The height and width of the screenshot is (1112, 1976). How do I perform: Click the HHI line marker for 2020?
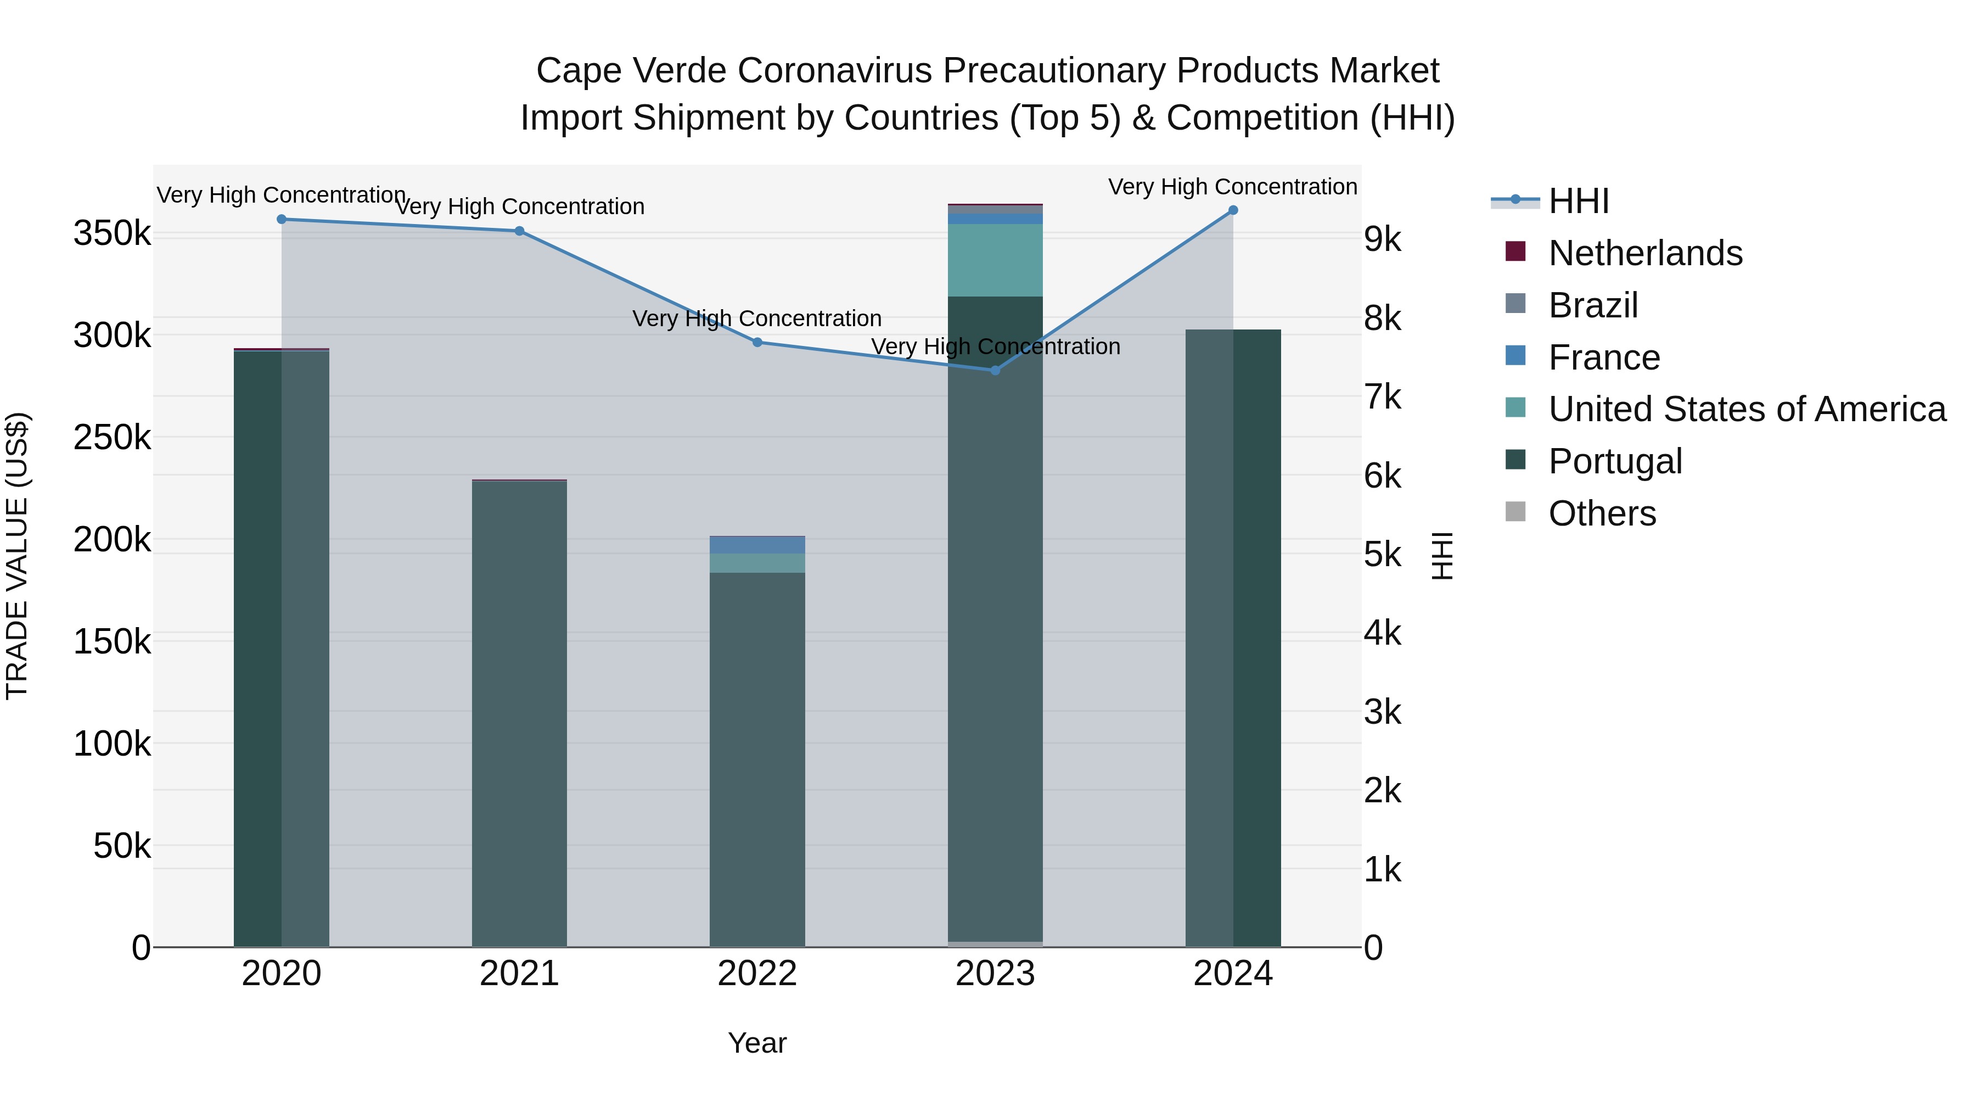[282, 220]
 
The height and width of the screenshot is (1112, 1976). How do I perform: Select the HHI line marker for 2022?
[757, 342]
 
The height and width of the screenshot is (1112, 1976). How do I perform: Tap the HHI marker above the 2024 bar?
[1233, 210]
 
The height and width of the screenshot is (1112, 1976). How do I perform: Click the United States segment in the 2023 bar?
[995, 260]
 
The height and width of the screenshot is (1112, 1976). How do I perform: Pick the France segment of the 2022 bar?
[757, 545]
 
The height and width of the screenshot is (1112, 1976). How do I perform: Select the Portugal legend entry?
[1615, 461]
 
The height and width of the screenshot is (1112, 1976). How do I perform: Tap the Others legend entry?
[1602, 513]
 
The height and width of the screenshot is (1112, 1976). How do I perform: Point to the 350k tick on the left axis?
[112, 233]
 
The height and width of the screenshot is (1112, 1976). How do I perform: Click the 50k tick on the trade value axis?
[122, 846]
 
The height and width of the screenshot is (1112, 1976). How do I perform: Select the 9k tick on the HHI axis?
[1382, 239]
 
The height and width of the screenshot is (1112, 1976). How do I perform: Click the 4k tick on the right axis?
[1382, 633]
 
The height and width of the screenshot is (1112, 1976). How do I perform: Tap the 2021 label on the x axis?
[519, 974]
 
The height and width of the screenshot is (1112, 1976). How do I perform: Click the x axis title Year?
[757, 1043]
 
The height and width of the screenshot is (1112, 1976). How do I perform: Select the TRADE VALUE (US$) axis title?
[18, 556]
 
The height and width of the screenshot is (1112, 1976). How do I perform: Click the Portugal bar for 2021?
[519, 714]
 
